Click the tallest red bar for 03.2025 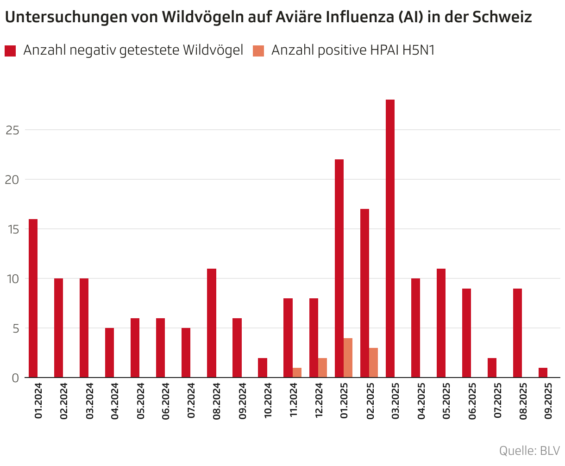point(390,239)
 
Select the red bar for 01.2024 point(33,298)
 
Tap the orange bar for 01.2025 point(348,358)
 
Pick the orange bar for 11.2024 point(297,372)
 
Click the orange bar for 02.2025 point(374,363)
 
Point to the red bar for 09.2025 point(543,372)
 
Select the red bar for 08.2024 point(212,323)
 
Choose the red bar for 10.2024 point(263,368)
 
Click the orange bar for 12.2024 point(323,368)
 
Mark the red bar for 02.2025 point(364,293)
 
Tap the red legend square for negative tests point(10,50)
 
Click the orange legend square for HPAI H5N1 point(258,50)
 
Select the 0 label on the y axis point(15,378)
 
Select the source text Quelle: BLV point(529,450)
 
